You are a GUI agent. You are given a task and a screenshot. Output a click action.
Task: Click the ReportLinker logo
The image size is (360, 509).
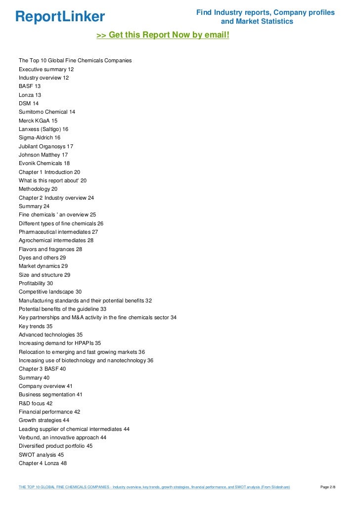60,17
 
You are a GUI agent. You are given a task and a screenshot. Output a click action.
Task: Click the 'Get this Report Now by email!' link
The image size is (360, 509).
163,35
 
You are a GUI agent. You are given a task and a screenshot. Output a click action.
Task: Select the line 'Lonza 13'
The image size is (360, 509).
30,95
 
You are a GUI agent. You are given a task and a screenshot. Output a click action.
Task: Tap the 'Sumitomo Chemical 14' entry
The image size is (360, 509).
47,112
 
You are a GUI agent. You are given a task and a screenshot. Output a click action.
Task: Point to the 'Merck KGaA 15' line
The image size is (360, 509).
38,121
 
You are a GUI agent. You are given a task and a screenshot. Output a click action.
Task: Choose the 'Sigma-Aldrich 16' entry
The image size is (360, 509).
40,138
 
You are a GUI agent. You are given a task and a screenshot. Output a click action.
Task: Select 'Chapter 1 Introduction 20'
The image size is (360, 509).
49,172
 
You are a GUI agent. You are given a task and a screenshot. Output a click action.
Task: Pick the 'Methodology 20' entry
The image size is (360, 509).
38,189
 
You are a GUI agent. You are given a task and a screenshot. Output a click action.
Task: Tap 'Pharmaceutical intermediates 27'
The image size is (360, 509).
58,232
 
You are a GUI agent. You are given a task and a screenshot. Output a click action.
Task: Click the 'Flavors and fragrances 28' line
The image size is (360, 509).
50,249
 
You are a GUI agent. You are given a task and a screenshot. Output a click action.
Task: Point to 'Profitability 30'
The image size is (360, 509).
36,283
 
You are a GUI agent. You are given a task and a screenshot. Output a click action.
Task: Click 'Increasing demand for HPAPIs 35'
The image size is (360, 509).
60,343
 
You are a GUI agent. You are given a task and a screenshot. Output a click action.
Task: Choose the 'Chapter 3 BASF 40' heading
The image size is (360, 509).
42,369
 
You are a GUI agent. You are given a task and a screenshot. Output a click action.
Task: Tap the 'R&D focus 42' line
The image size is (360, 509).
36,403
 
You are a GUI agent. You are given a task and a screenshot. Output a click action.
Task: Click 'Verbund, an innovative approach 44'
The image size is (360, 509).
62,437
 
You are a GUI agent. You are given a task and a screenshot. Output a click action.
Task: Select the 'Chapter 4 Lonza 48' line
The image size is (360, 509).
43,463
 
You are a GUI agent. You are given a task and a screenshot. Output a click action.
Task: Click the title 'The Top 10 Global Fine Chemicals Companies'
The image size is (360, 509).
75,61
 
